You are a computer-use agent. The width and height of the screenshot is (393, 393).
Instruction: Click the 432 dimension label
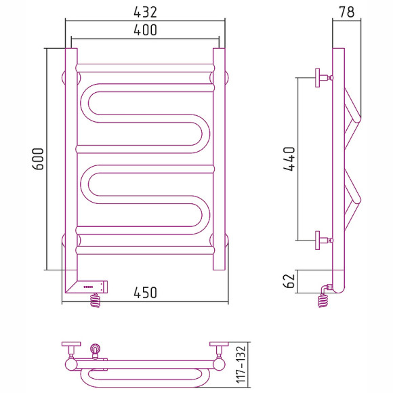[x=145, y=12]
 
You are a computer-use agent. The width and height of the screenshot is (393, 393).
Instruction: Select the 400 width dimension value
[x=145, y=30]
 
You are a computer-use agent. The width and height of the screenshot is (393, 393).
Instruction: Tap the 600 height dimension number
[x=38, y=159]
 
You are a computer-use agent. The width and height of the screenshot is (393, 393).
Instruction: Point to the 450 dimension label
[x=145, y=293]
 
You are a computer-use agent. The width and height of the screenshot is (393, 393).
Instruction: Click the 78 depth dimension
[x=347, y=12]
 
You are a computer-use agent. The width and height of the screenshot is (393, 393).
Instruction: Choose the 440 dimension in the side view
[x=289, y=159]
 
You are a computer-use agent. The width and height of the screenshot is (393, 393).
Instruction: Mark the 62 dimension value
[x=289, y=281]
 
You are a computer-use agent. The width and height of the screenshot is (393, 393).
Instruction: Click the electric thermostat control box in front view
[x=92, y=287]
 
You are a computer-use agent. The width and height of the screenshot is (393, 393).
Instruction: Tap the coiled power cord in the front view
[x=96, y=300]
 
